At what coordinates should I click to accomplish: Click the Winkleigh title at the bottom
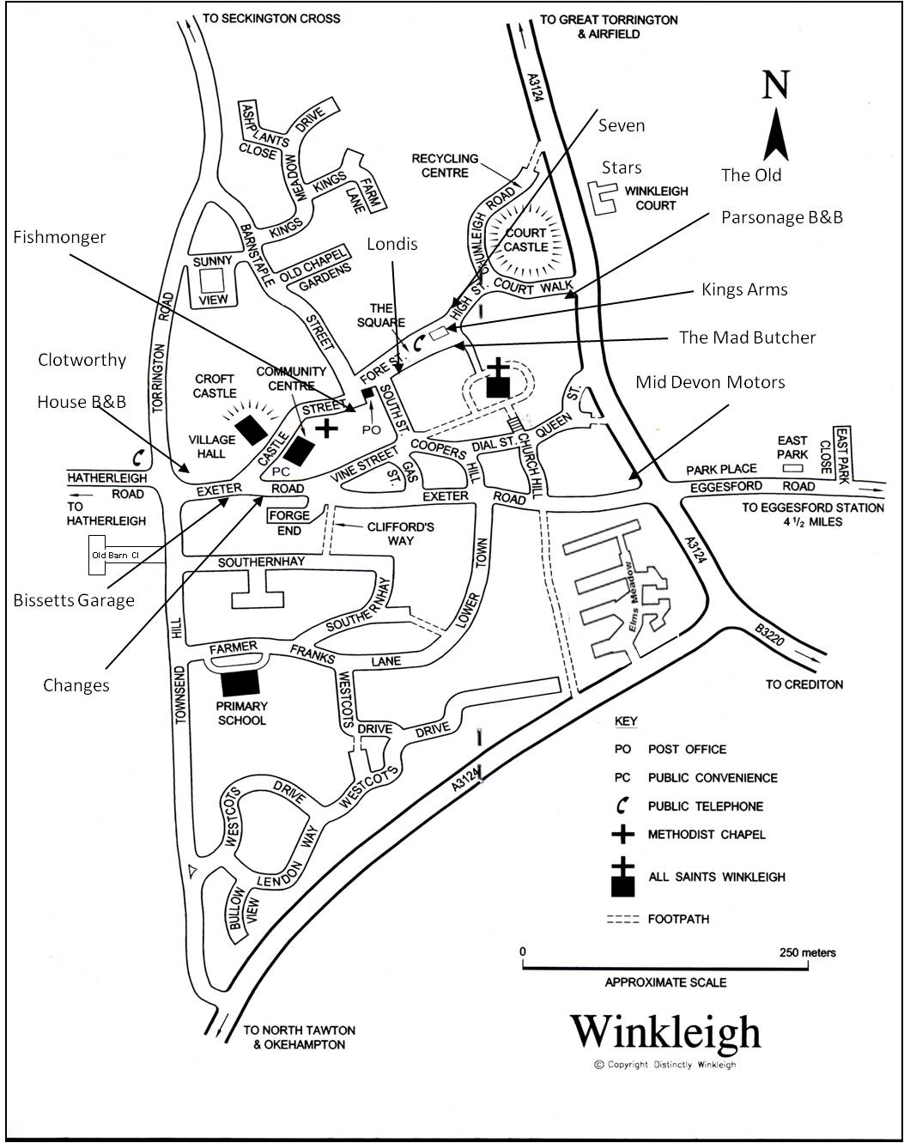[x=665, y=1033]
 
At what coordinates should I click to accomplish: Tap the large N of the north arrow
[x=775, y=84]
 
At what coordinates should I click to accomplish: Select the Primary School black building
[x=240, y=683]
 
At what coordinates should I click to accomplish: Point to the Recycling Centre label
[x=445, y=166]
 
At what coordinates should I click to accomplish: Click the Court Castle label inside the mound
[x=525, y=240]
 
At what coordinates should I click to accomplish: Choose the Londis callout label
[x=392, y=244]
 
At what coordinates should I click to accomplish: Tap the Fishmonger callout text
[x=59, y=237]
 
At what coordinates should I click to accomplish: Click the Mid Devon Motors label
[x=710, y=382]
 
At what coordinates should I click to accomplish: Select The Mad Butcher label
[x=747, y=337]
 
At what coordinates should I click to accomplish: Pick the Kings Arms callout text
[x=744, y=289]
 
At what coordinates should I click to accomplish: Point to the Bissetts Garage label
[x=74, y=600]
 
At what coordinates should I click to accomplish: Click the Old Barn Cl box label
[x=115, y=556]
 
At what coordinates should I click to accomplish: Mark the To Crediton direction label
[x=804, y=684]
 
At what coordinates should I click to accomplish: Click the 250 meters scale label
[x=807, y=952]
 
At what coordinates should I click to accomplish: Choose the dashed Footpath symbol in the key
[x=622, y=919]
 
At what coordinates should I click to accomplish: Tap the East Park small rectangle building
[x=792, y=469]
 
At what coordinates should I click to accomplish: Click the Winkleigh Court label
[x=656, y=198]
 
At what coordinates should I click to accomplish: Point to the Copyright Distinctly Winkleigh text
[x=665, y=1065]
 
